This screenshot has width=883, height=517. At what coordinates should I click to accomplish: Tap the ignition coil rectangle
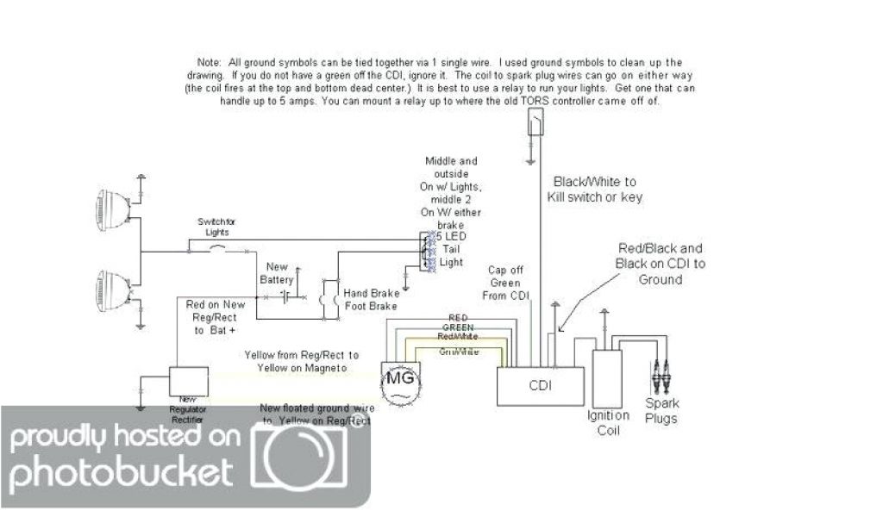pyautogui.click(x=608, y=377)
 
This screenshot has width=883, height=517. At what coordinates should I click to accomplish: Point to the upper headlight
pyautogui.click(x=111, y=206)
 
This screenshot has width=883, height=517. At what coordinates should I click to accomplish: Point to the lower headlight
pyautogui.click(x=111, y=290)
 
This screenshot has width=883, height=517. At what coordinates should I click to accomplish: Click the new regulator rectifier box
pyautogui.click(x=187, y=380)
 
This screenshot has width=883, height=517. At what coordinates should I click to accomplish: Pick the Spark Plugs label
pyautogui.click(x=662, y=410)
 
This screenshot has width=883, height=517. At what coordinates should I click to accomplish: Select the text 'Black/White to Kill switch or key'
pyautogui.click(x=595, y=189)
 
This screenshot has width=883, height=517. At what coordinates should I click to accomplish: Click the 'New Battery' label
pyautogui.click(x=278, y=273)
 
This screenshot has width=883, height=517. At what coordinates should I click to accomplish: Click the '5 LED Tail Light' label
pyautogui.click(x=451, y=249)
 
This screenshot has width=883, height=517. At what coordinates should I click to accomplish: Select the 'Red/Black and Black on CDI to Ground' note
pyautogui.click(x=661, y=263)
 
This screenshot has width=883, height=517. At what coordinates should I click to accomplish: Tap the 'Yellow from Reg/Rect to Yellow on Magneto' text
pyautogui.click(x=302, y=361)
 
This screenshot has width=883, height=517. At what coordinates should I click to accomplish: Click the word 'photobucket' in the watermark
pyautogui.click(x=121, y=471)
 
